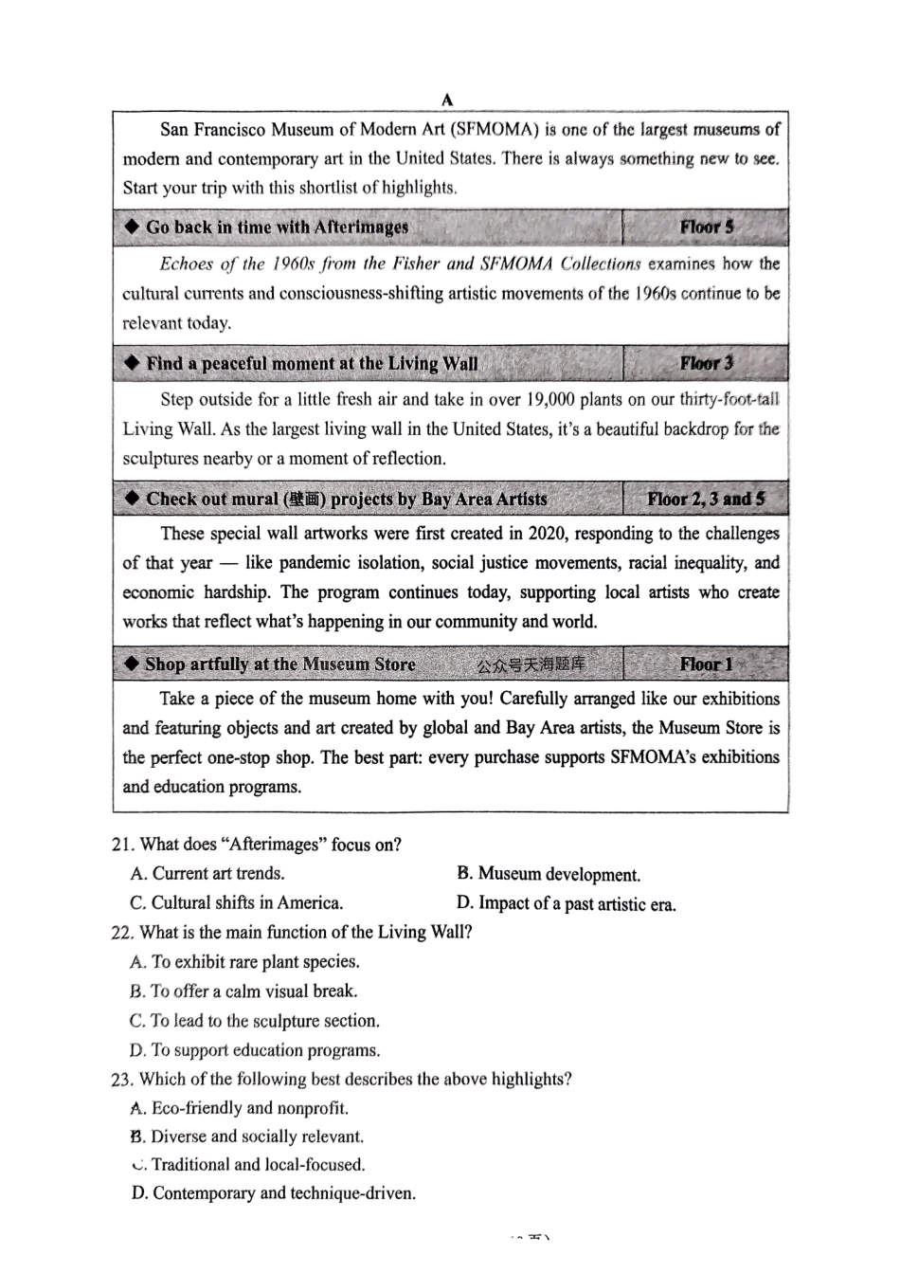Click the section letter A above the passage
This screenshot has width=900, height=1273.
coord(447,100)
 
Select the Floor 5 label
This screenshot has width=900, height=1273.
coord(706,227)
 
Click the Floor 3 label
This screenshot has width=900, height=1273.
coord(706,363)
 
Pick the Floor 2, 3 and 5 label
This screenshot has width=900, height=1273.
coord(706,499)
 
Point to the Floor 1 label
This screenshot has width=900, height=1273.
coord(706,664)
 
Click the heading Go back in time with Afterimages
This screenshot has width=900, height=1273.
coord(277,227)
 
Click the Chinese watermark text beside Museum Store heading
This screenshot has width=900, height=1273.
coord(531,664)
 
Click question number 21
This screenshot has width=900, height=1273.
coord(123,845)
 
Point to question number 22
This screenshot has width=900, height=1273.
coord(123,932)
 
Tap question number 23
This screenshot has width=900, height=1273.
coord(123,1079)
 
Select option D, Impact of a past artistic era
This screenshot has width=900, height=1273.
coord(567,903)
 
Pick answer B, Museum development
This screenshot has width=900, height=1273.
coord(549,874)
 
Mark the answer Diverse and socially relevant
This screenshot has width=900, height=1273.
coord(247,1137)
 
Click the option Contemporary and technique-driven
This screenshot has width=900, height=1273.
coord(273,1193)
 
